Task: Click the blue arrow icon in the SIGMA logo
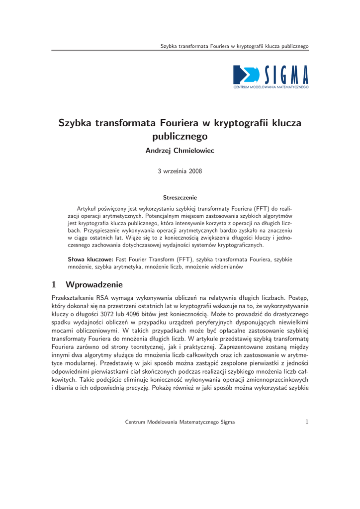point(245,75)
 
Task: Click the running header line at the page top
point(234,46)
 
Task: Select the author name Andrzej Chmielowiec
point(180,151)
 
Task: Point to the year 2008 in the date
point(194,171)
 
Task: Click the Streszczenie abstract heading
point(180,197)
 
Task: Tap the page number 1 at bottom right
point(307,422)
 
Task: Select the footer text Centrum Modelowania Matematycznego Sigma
point(180,422)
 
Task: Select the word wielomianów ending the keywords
point(227,267)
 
